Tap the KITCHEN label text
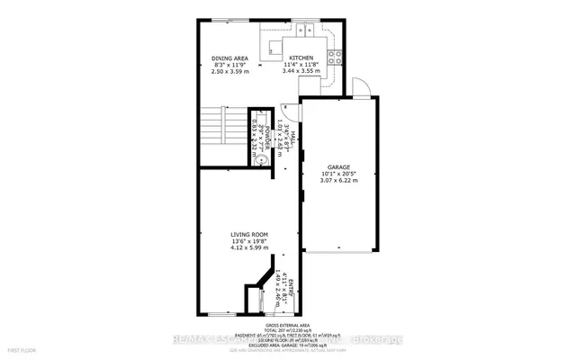click(x=301, y=58)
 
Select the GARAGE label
click(x=338, y=166)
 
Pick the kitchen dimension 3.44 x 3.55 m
click(x=301, y=70)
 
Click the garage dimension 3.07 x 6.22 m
click(x=338, y=181)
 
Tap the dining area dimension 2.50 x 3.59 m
click(x=229, y=71)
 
